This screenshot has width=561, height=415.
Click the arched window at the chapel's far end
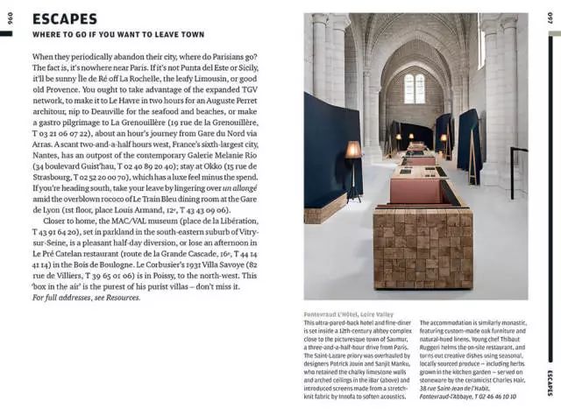pos(415,88)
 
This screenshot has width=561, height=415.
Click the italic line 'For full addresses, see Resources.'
pos(85,298)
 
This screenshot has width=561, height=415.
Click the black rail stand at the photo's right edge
pos(515,171)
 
